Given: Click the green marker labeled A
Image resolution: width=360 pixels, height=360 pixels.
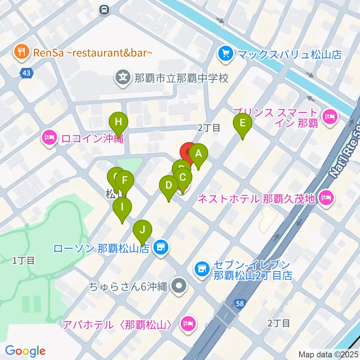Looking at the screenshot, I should tap(198, 154).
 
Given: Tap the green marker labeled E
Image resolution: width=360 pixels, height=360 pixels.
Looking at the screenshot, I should tap(243, 123).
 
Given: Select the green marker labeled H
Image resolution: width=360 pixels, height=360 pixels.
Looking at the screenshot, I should tap(118, 122).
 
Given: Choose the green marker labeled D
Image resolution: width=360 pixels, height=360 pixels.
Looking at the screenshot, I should tap(169, 186).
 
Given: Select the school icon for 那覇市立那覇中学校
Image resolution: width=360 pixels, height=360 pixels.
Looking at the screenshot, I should tap(123, 78).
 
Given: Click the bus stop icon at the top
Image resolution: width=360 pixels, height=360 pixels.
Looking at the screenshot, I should tap(105, 9).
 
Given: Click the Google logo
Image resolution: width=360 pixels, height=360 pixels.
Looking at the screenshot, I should tap(25, 351).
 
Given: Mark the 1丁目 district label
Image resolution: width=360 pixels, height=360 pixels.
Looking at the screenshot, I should tap(24, 260).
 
